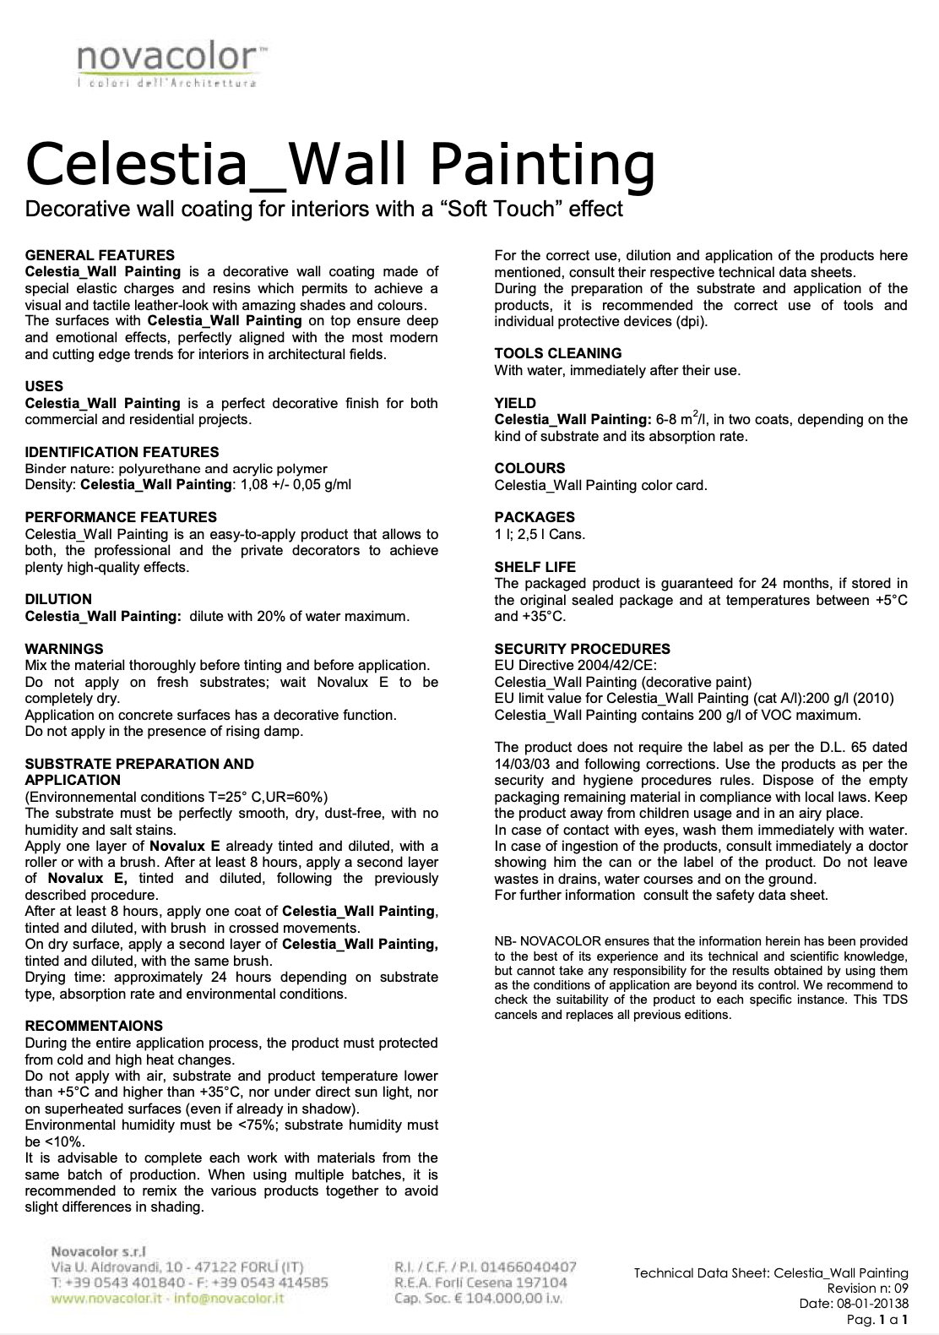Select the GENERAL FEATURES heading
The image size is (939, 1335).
100,255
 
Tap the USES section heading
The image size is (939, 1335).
44,386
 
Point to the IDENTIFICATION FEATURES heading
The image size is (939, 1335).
122,452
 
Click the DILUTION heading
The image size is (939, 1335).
58,599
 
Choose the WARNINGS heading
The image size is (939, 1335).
64,649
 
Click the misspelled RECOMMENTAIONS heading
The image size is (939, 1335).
94,1026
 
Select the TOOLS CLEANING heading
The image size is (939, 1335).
557,353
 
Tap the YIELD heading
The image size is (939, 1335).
515,403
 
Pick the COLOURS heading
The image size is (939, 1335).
529,468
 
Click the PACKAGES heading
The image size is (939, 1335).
535,517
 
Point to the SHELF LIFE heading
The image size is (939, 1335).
535,567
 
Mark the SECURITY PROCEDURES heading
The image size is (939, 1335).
582,649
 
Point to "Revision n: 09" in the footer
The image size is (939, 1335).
867,1289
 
